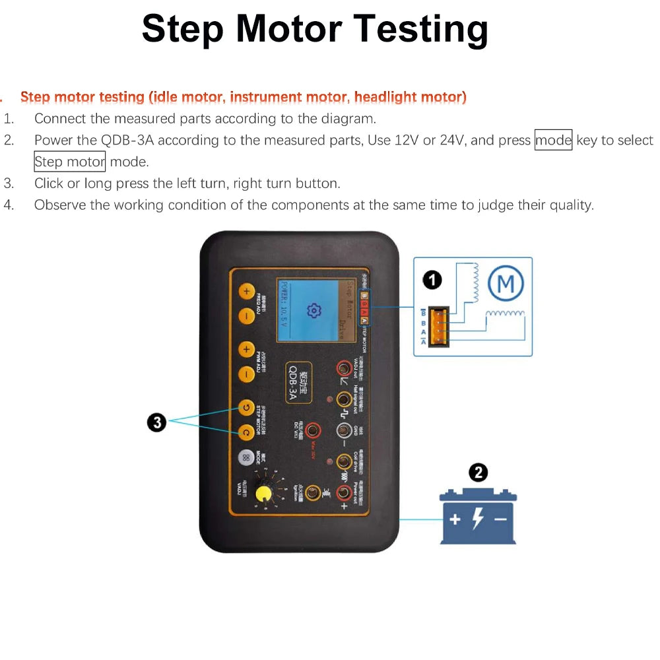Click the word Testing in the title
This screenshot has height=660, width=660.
(420, 29)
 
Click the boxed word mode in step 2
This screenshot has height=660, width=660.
(553, 141)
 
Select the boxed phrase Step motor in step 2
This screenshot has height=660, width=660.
(69, 162)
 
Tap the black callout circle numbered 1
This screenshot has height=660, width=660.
(432, 280)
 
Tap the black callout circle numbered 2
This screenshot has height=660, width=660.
(478, 473)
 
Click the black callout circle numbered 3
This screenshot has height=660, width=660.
(156, 423)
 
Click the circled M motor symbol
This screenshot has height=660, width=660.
(506, 285)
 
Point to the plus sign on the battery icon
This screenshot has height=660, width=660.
(455, 519)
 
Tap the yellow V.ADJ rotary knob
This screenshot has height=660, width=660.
(265, 495)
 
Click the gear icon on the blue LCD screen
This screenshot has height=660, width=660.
(314, 310)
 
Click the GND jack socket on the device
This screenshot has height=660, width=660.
(344, 430)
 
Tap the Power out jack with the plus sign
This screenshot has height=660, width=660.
(344, 492)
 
